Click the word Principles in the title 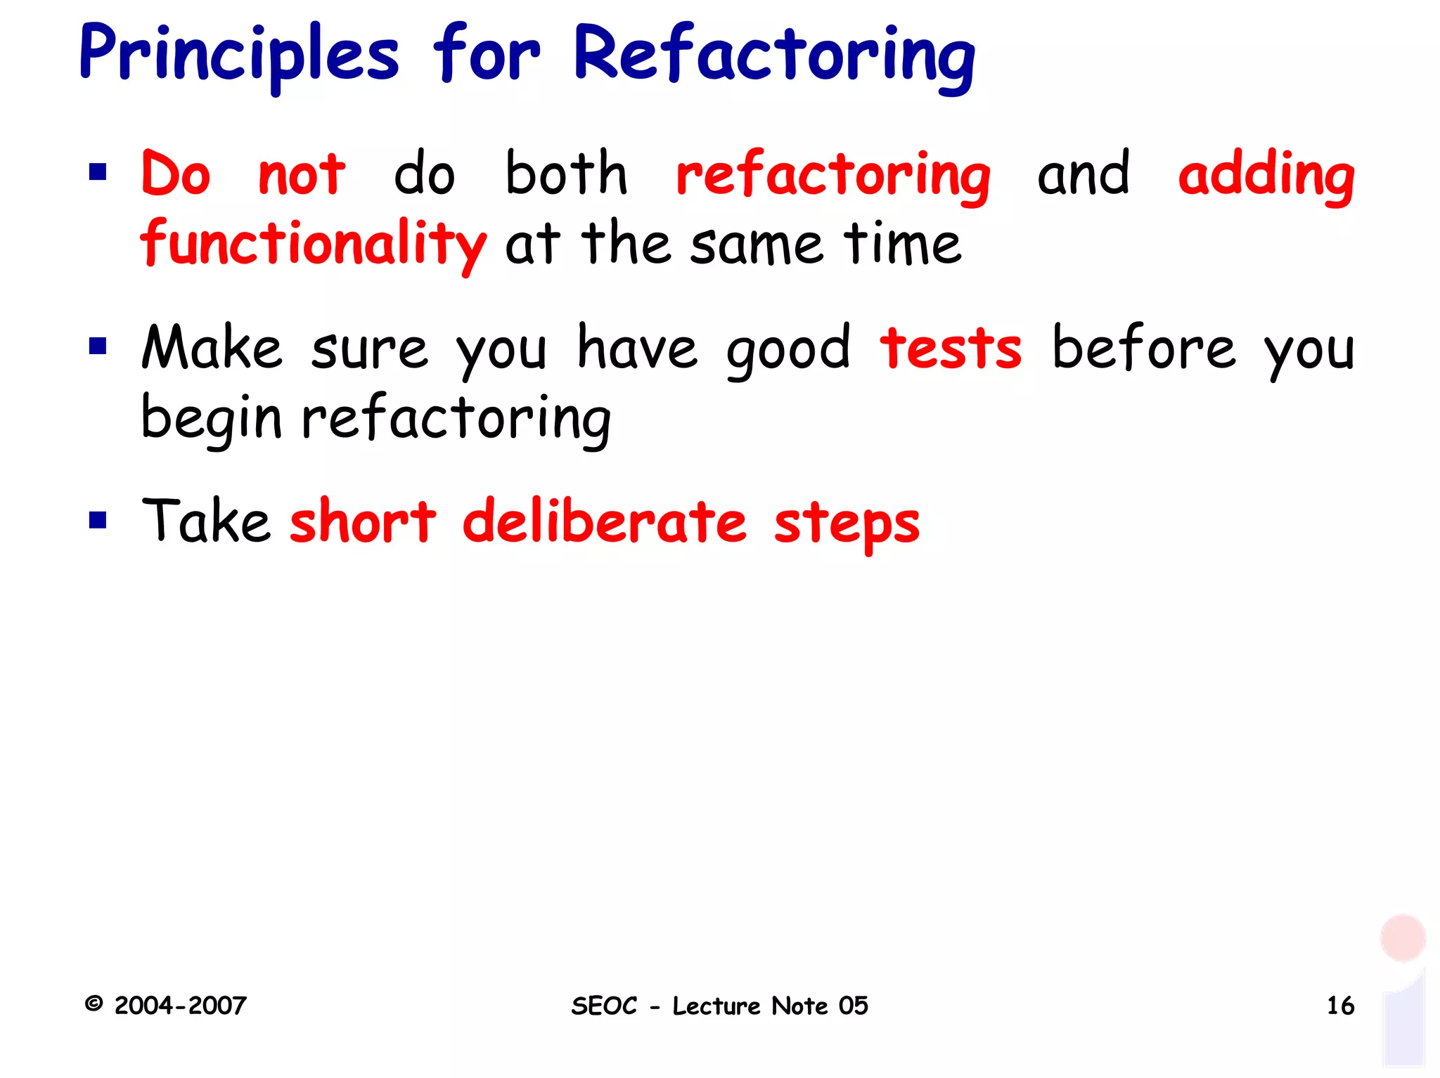coord(239,55)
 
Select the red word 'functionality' coord(313,244)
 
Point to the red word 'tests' coord(951,349)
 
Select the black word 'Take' coord(205,521)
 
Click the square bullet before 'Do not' coord(98,172)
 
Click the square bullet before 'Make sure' coord(98,346)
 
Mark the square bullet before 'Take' coord(98,520)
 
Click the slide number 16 coord(1340,1006)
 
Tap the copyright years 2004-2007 coord(180,1006)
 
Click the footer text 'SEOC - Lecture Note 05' coord(719,1006)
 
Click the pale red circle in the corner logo coord(1402,937)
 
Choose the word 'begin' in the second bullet coord(211,419)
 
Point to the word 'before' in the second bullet coord(1143,349)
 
